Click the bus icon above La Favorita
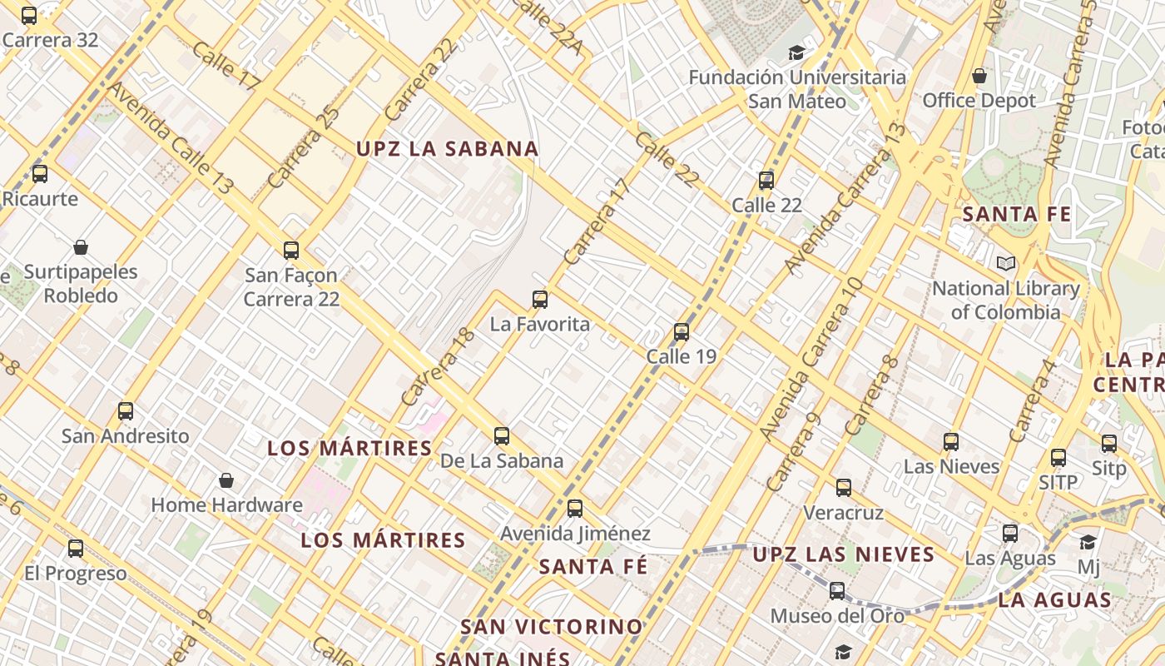tap(540, 300)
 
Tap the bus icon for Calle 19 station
tap(682, 332)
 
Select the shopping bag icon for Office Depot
tap(979, 77)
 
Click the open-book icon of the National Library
tap(1006, 264)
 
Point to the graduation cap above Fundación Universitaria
tap(797, 53)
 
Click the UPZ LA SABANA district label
tap(448, 149)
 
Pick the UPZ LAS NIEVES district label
tap(844, 554)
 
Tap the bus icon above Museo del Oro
tap(837, 591)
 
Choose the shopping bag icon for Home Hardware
tap(226, 480)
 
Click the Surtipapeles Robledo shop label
tap(81, 284)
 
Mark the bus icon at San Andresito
tap(126, 411)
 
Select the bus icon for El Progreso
tap(76, 549)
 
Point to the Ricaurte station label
tap(40, 199)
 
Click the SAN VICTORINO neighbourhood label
tap(552, 626)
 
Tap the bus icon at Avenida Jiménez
tap(575, 509)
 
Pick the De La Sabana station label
tap(501, 460)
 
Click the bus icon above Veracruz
tap(844, 488)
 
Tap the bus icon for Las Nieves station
tap(951, 442)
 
